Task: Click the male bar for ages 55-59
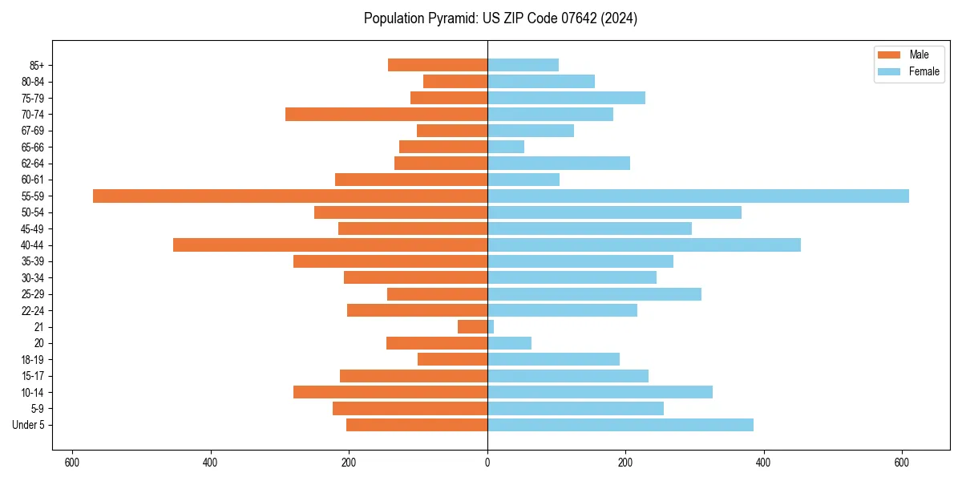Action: click(290, 196)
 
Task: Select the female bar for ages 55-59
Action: click(697, 196)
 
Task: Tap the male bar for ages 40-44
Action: click(330, 245)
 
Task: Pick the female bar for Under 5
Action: click(620, 425)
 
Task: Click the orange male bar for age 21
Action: click(473, 326)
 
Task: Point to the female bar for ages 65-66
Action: click(506, 147)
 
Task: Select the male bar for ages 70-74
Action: click(386, 114)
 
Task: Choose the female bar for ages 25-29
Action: click(594, 294)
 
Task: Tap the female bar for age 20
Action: click(509, 343)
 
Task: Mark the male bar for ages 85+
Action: click(438, 65)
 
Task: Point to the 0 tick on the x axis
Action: click(487, 462)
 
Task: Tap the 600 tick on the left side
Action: click(73, 462)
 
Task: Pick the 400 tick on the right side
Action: click(763, 462)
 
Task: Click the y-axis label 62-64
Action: click(33, 164)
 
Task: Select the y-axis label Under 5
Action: click(28, 425)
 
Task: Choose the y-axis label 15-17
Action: click(33, 376)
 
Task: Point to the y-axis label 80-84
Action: click(33, 82)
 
